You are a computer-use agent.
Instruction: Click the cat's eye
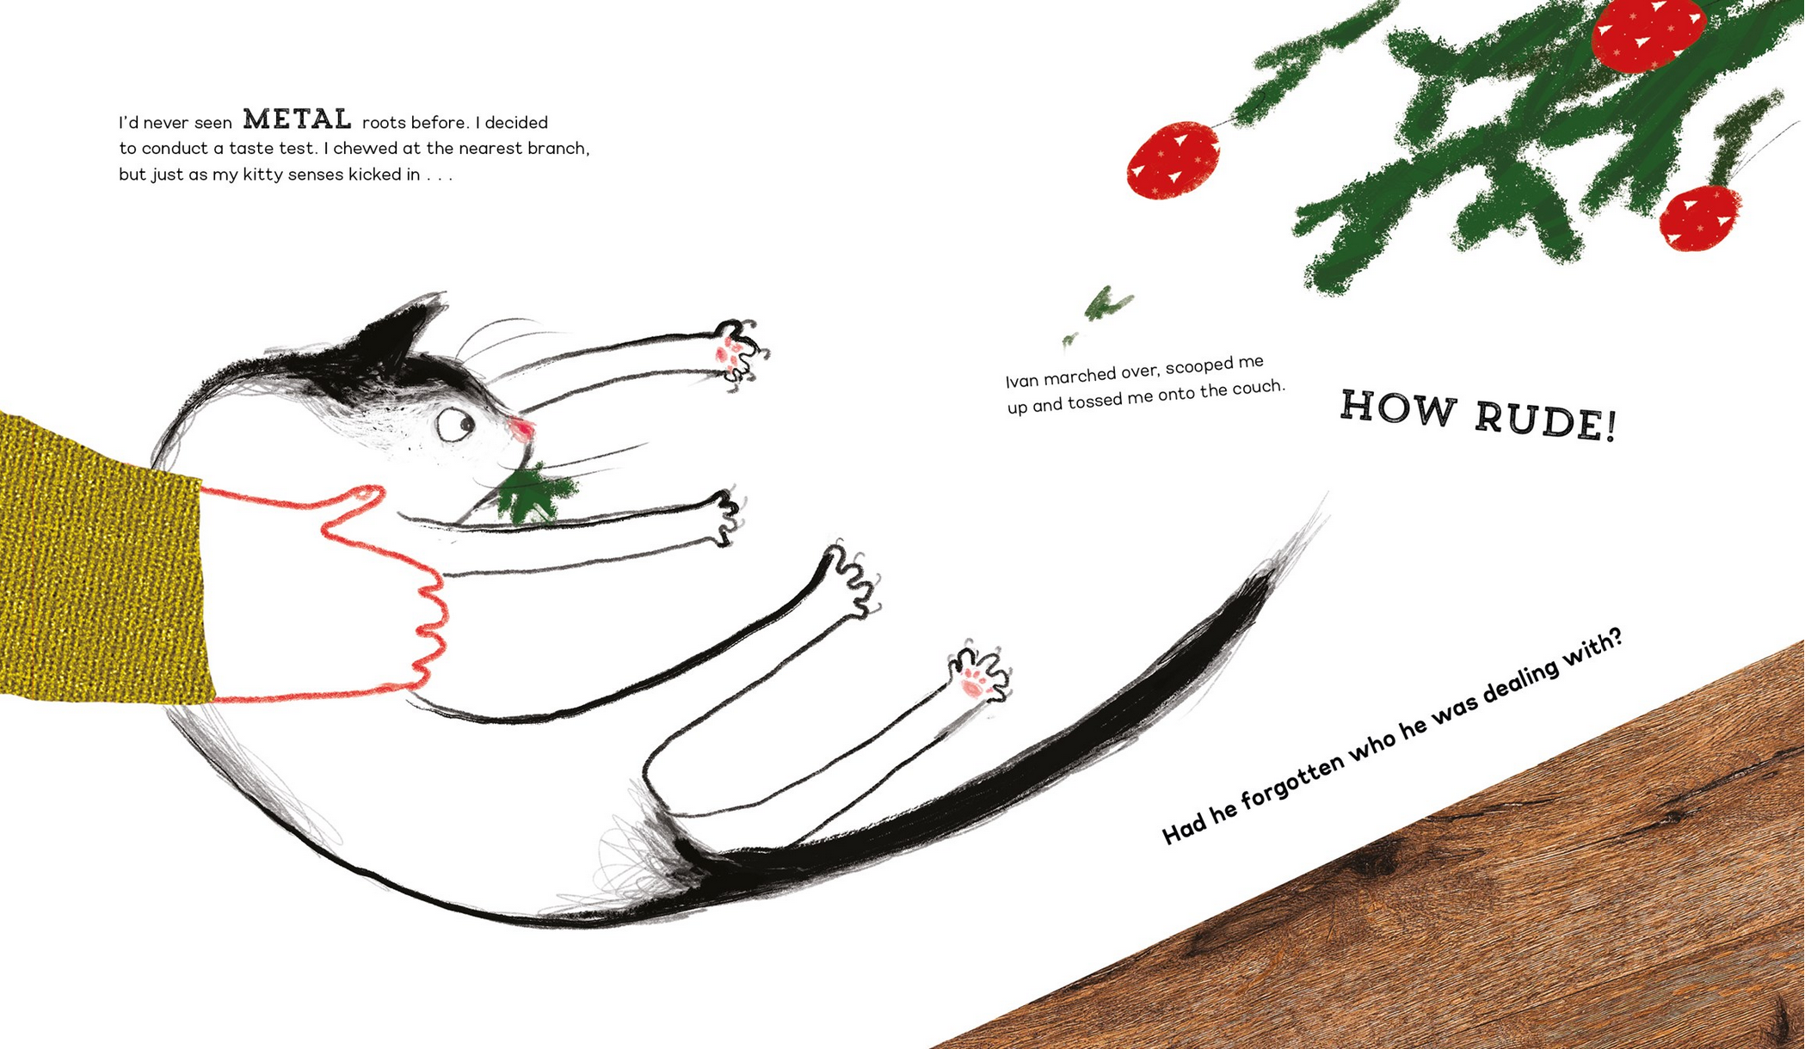click(x=456, y=424)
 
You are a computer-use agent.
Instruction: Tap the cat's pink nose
click(x=521, y=427)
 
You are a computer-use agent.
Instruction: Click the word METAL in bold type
click(x=298, y=119)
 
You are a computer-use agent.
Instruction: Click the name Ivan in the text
click(x=1023, y=380)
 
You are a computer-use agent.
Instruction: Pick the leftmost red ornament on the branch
click(x=1174, y=160)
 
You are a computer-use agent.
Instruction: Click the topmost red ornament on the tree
click(x=1648, y=33)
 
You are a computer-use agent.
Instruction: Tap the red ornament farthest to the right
click(x=1700, y=218)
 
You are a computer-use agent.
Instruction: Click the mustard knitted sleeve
click(x=103, y=559)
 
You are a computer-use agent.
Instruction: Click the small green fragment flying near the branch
click(x=1104, y=305)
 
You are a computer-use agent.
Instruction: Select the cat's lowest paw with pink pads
click(x=979, y=675)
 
